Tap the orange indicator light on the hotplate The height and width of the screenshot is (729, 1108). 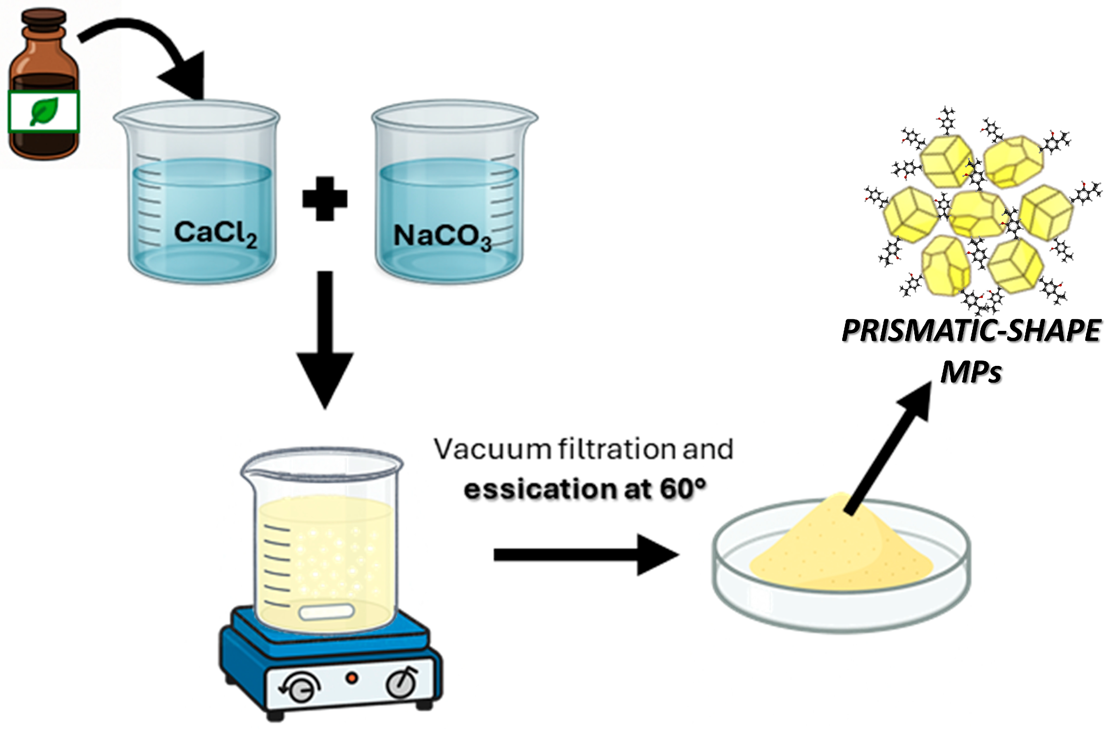click(x=352, y=678)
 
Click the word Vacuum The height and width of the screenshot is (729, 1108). click(x=493, y=450)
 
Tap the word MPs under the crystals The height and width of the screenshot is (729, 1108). click(x=971, y=372)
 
